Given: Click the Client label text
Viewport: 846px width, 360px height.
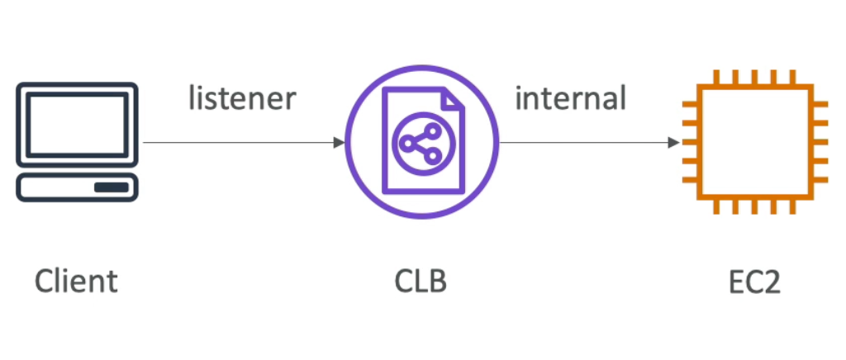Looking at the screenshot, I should pyautogui.click(x=76, y=282).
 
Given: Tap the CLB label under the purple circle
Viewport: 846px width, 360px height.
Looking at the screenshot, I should pyautogui.click(x=421, y=282).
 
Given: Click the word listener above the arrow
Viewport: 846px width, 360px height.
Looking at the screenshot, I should pyautogui.click(x=241, y=98).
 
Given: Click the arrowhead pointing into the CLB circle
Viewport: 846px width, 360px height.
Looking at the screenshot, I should pyautogui.click(x=339, y=143).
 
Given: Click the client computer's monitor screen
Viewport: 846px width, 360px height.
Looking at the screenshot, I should pyautogui.click(x=77, y=123).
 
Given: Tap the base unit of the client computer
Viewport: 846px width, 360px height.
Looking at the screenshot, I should pyautogui.click(x=77, y=187).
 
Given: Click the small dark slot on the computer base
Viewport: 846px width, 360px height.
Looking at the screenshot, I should pyautogui.click(x=111, y=187).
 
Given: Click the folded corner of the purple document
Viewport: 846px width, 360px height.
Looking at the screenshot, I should pyautogui.click(x=453, y=101).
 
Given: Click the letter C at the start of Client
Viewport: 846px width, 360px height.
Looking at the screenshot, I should pyautogui.click(x=45, y=282).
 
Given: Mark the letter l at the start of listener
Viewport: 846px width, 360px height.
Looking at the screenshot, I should pyautogui.click(x=192, y=98).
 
